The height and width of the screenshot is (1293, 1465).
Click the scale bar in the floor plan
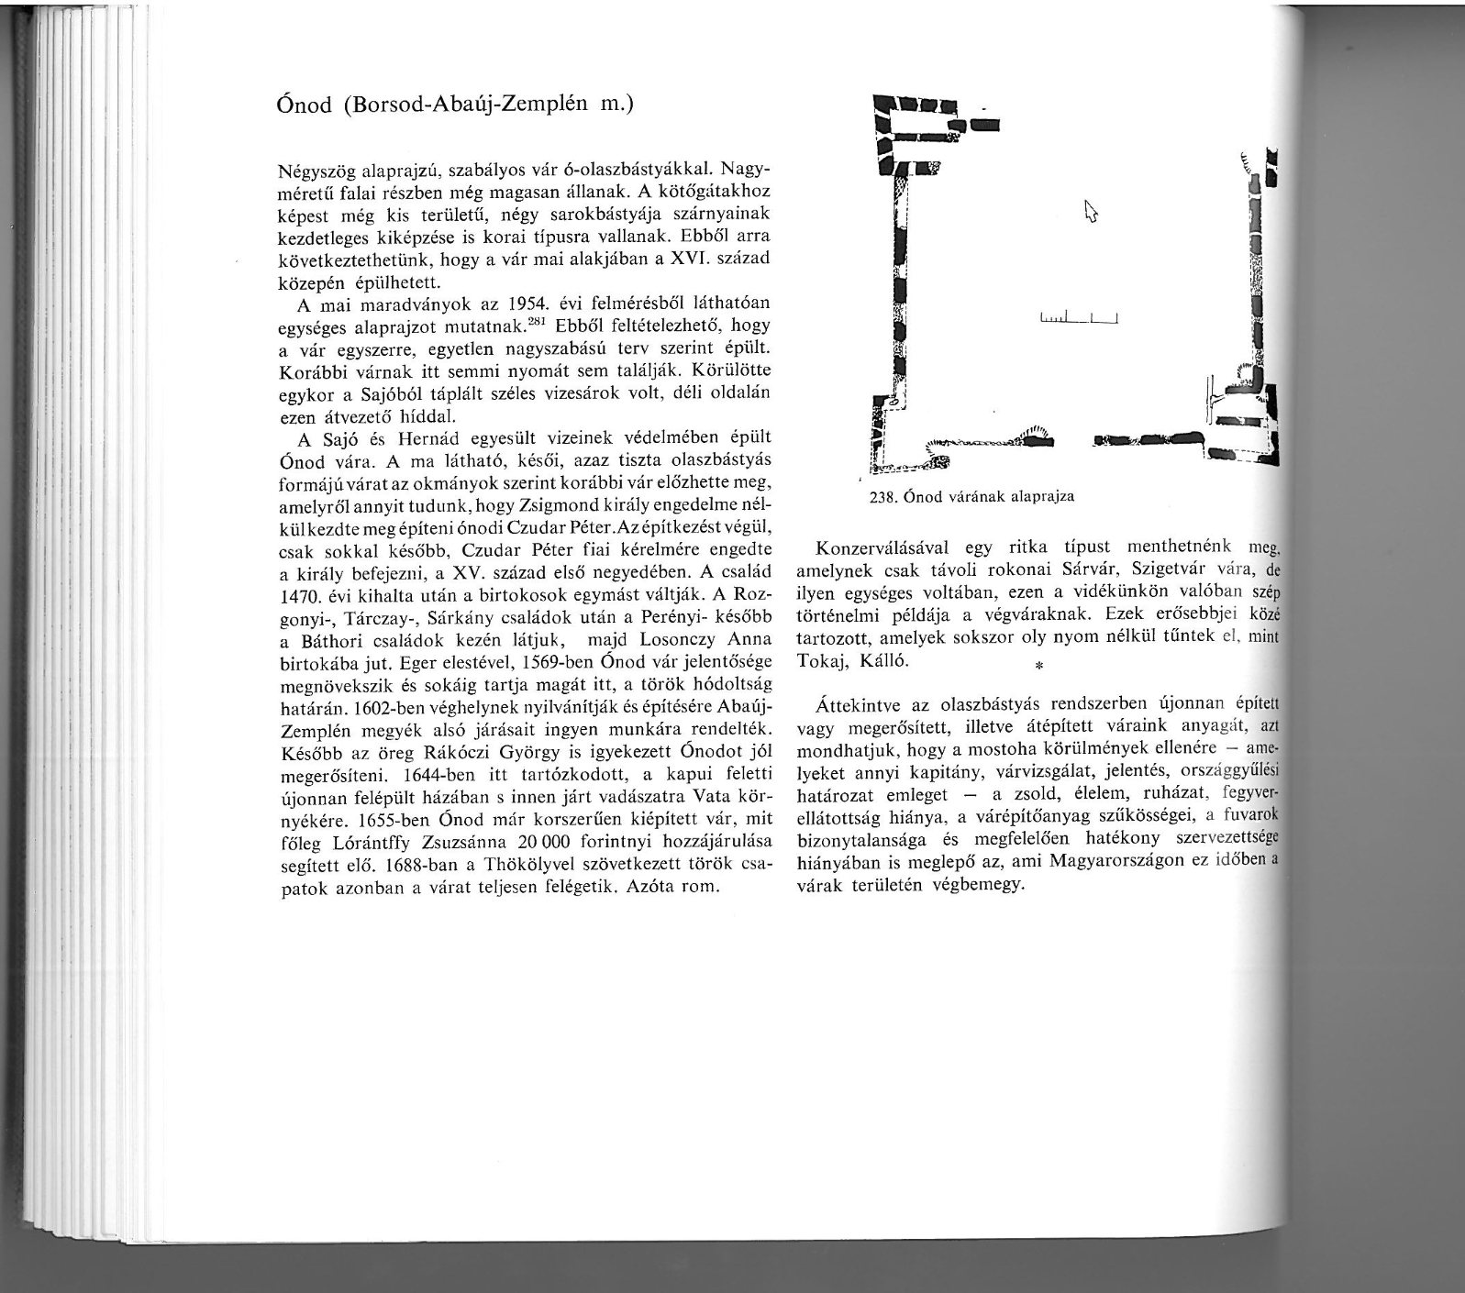coord(1082,319)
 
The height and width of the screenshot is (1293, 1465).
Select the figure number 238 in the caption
coord(881,497)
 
